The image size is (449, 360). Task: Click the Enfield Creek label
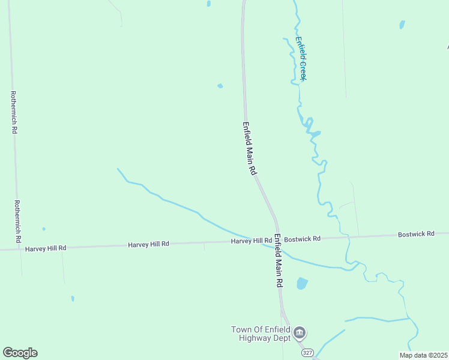(x=301, y=59)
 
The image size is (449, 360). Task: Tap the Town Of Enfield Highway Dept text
(x=261, y=334)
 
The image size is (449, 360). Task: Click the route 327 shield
(x=307, y=352)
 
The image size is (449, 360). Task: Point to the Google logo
(x=20, y=353)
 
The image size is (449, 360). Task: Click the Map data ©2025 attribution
(x=423, y=355)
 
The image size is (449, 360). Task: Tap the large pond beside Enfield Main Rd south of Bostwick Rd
(x=302, y=283)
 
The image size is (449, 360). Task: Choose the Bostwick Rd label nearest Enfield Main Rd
(x=302, y=239)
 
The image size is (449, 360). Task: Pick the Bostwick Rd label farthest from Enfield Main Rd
(x=416, y=234)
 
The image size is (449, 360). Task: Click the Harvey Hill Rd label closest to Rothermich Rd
(x=46, y=247)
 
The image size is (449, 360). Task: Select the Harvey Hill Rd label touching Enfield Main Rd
(x=252, y=241)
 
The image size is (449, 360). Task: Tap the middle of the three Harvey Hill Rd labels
(x=148, y=244)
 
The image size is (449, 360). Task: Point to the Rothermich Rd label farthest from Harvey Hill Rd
(x=13, y=112)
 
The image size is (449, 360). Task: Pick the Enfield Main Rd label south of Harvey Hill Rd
(x=279, y=260)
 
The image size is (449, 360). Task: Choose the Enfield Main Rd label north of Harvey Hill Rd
(x=250, y=148)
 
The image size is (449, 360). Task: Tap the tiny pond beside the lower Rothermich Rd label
(x=44, y=229)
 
